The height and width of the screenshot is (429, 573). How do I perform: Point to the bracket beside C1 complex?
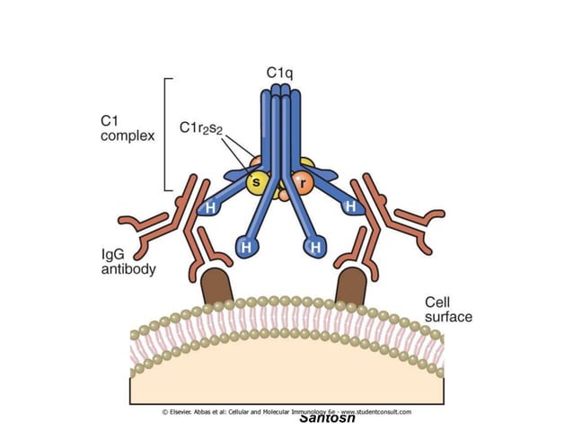[x=166, y=135]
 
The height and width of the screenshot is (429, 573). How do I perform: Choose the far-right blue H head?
[x=348, y=206]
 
